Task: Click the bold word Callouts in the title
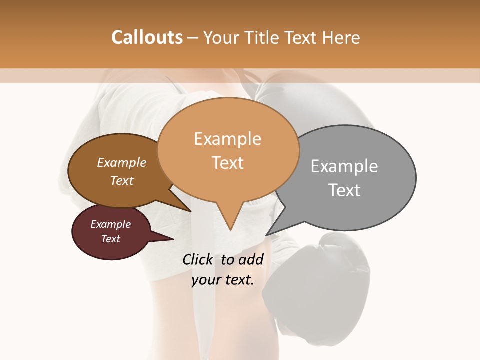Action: pos(147,37)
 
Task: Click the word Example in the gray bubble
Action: pos(344,166)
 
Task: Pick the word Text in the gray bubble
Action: pos(344,190)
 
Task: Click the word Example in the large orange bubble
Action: pos(227,138)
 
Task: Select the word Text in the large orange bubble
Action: pos(227,162)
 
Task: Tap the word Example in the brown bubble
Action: pos(121,162)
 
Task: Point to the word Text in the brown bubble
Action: pos(121,180)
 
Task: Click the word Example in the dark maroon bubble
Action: pos(110,224)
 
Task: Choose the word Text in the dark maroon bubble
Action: pos(110,239)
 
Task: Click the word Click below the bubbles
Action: pos(198,259)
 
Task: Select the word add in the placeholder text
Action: pos(251,259)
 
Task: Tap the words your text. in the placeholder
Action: pos(223,280)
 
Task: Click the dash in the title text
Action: pos(193,38)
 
